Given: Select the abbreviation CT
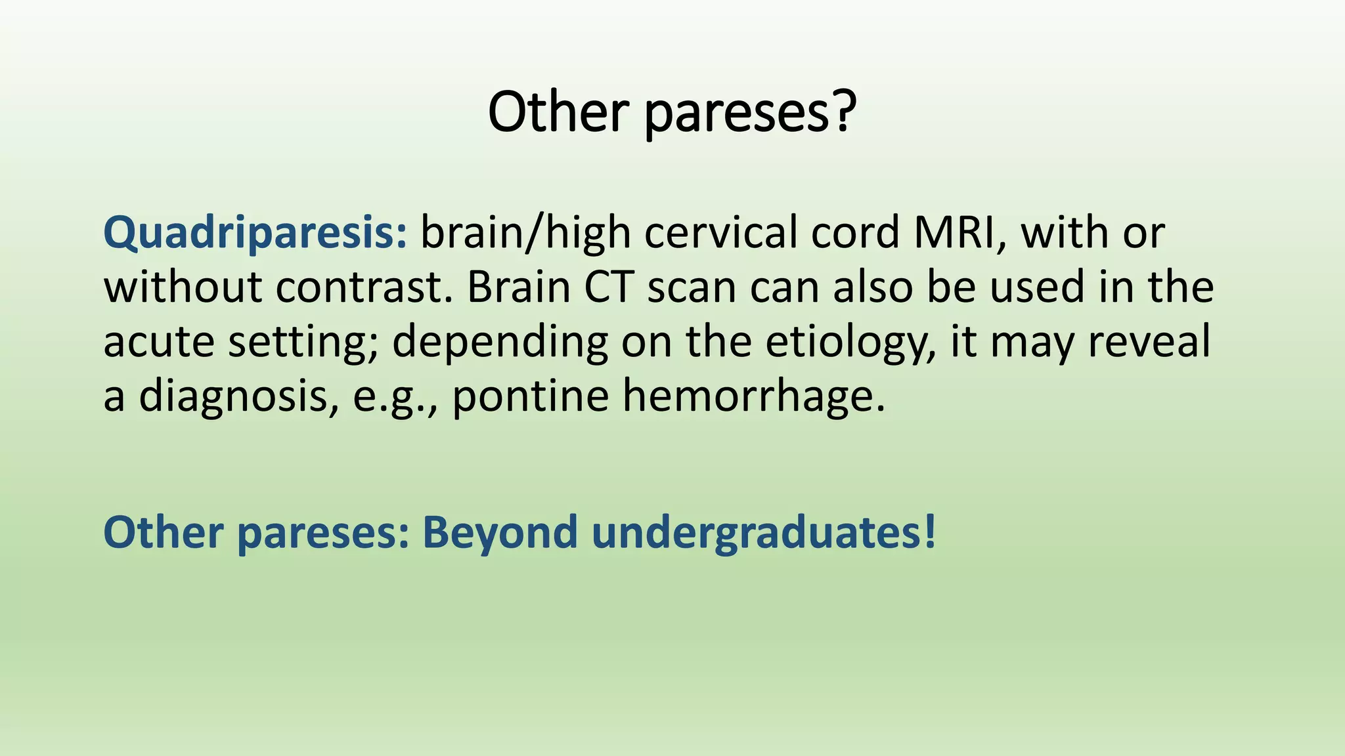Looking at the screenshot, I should point(609,287).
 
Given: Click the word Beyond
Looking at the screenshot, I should point(499,533).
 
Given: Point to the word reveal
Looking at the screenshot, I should point(1149,342).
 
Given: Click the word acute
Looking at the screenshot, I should point(158,343).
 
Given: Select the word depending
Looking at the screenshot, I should point(500,343).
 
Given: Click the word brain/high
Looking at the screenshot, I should point(525,233).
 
